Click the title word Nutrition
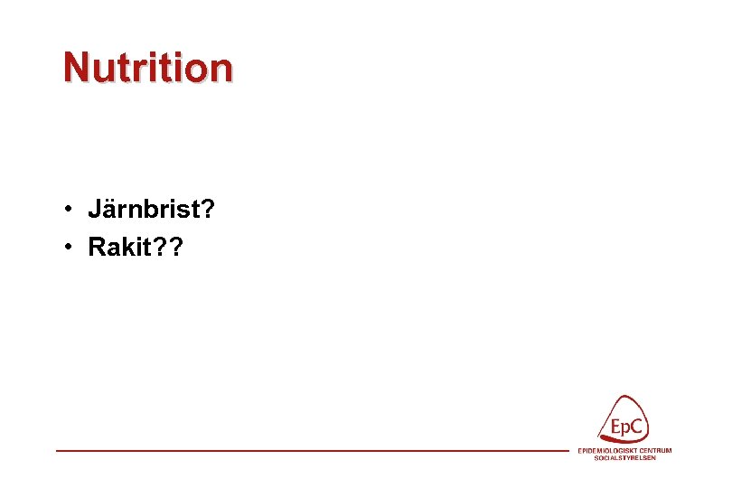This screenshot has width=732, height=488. tap(147, 67)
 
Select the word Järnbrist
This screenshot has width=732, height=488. tap(144, 211)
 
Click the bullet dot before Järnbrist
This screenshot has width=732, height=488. tap(69, 211)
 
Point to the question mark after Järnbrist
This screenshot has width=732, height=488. tap(207, 211)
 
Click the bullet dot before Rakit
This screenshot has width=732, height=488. tap(69, 247)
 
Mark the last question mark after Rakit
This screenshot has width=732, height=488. tap(175, 247)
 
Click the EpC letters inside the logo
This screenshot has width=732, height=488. tap(625, 427)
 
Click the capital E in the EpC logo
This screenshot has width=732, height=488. tap(614, 427)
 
